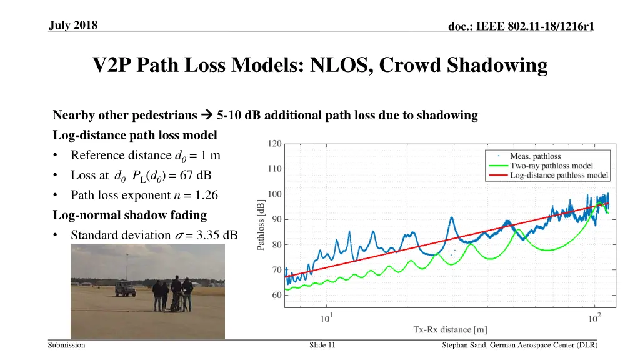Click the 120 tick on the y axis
point(274,143)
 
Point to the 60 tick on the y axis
point(276,296)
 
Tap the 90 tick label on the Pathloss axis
point(276,219)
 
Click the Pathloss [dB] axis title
point(261,224)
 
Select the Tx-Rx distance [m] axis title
point(450,329)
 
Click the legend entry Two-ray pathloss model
point(551,166)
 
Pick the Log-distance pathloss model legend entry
point(559,175)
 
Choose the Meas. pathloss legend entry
point(536,156)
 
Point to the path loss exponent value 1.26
point(206,195)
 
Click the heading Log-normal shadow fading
point(130,215)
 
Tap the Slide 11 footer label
point(322,345)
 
